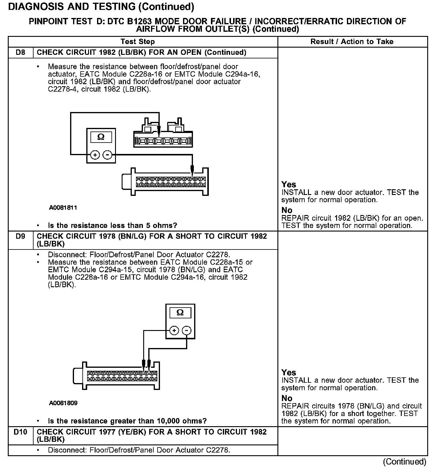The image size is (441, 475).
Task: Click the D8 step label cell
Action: click(x=20, y=52)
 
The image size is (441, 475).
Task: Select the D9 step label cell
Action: click(x=20, y=236)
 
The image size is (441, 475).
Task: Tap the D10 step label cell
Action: click(x=20, y=432)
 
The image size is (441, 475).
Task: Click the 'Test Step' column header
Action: click(x=138, y=42)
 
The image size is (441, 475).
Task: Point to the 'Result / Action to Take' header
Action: click(x=352, y=42)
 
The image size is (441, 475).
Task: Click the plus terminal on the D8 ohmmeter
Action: click(x=95, y=155)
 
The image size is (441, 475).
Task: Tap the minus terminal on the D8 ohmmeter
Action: click(x=107, y=155)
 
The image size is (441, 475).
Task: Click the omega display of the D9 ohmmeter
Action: click(x=180, y=313)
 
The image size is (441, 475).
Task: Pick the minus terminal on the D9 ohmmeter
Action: click(x=187, y=330)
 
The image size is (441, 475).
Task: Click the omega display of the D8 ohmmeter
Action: click(x=101, y=137)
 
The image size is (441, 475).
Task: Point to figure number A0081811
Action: click(x=63, y=208)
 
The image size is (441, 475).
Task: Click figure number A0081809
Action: click(x=63, y=403)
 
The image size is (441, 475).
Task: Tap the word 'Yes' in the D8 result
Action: click(x=289, y=184)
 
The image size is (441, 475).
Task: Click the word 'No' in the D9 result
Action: click(x=287, y=398)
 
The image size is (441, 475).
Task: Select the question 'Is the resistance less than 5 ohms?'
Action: click(x=112, y=226)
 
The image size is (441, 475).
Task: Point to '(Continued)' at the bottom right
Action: click(x=404, y=462)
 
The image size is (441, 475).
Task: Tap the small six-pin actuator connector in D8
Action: click(x=163, y=140)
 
